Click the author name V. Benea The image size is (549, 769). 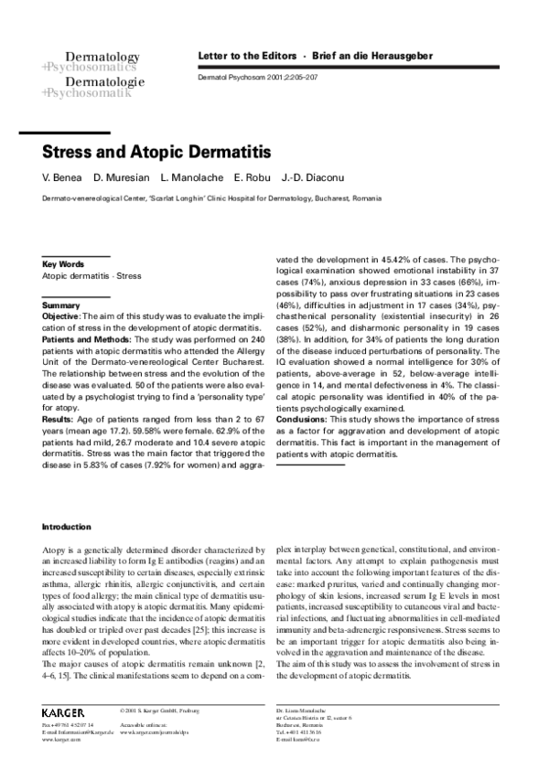pyautogui.click(x=63, y=176)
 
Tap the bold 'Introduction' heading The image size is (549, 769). pyautogui.click(x=67, y=527)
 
